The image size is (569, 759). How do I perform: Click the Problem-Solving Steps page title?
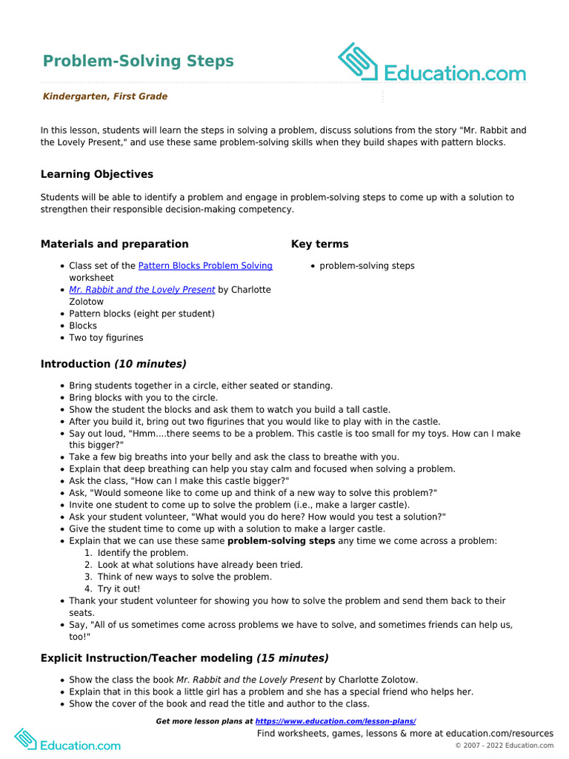click(138, 61)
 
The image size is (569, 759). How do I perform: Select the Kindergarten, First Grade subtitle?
click(104, 96)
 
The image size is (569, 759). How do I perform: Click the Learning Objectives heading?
click(97, 174)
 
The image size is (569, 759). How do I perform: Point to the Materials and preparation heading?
click(114, 244)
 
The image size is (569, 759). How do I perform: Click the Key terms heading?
click(319, 244)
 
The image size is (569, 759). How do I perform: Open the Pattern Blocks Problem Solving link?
click(205, 265)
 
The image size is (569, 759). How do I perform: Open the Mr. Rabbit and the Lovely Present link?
click(142, 290)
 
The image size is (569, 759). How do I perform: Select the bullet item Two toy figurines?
click(106, 337)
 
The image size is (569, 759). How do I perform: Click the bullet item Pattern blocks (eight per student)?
click(142, 314)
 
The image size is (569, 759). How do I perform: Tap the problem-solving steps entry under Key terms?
click(367, 265)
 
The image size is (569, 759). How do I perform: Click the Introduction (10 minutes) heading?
click(113, 364)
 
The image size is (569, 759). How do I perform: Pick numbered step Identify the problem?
click(142, 553)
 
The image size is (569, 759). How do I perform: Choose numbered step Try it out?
click(119, 589)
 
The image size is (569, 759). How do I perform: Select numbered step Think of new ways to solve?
click(184, 577)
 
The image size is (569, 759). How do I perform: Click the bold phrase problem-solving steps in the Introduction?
click(281, 541)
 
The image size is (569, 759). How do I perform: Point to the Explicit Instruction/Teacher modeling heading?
click(184, 658)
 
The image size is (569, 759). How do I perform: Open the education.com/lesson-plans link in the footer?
click(336, 721)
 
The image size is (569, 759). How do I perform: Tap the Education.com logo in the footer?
click(67, 739)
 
